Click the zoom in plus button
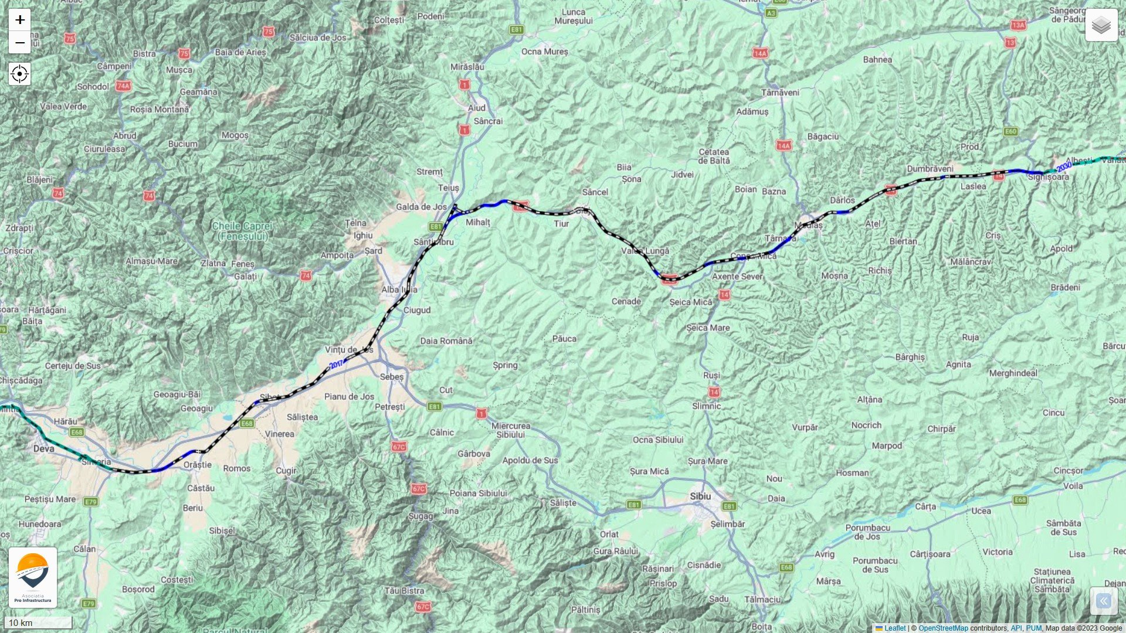point(20,20)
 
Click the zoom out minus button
point(20,43)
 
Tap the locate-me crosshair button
point(20,74)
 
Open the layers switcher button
point(1101,25)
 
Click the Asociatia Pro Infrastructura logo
point(33,577)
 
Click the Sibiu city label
point(700,496)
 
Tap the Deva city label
point(43,449)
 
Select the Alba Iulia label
point(399,290)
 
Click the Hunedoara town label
point(40,524)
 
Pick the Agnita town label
point(958,365)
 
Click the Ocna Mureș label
point(545,52)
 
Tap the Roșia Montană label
point(159,110)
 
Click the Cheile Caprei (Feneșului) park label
point(242,231)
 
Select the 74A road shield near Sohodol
point(123,86)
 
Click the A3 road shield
point(771,13)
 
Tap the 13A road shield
point(1018,25)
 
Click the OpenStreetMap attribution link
point(943,628)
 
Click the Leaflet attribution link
point(895,628)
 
